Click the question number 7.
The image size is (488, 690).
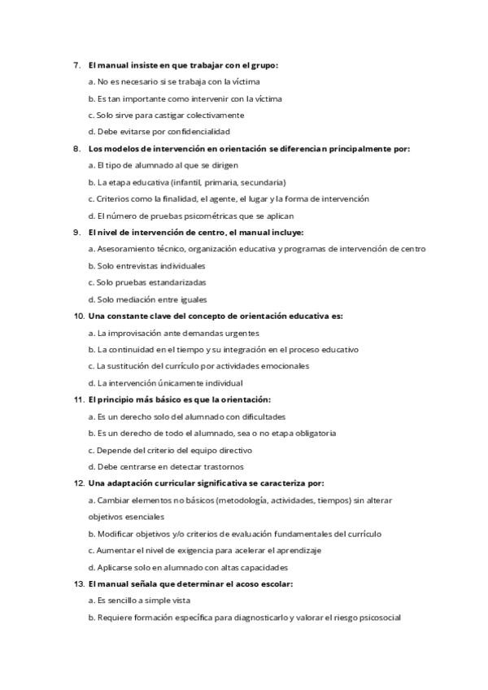pyautogui.click(x=76, y=65)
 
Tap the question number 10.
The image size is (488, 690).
pyautogui.click(x=79, y=316)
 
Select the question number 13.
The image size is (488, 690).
pyautogui.click(x=79, y=583)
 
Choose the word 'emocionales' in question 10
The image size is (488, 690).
pyautogui.click(x=283, y=366)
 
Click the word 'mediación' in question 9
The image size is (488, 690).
pyautogui.click(x=130, y=299)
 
